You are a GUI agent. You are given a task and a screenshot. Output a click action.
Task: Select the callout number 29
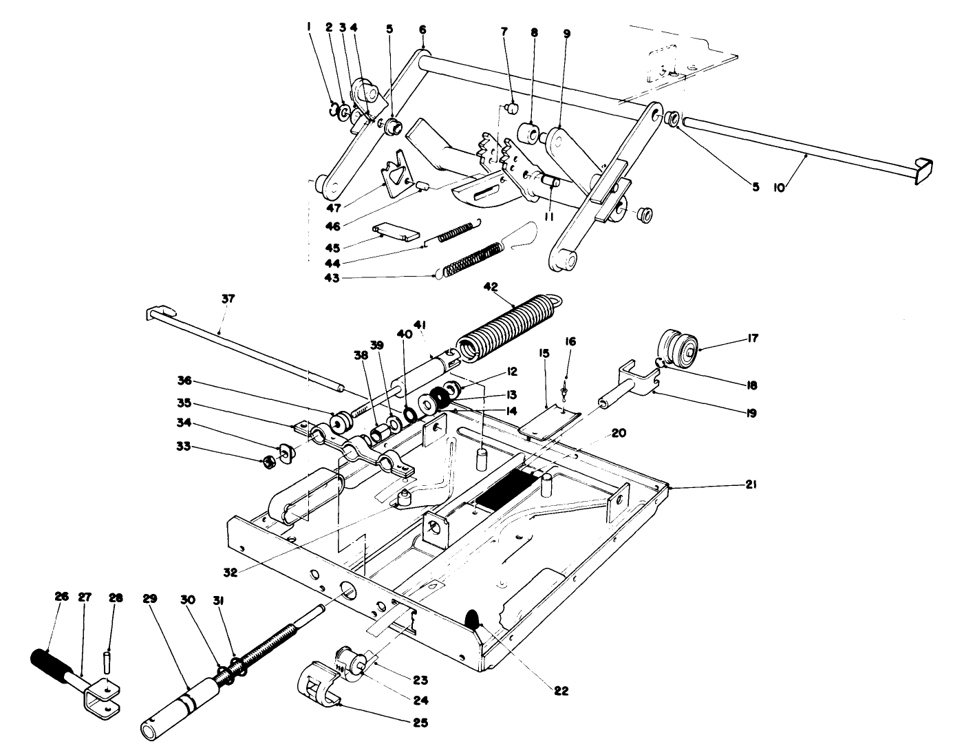[x=151, y=597]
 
